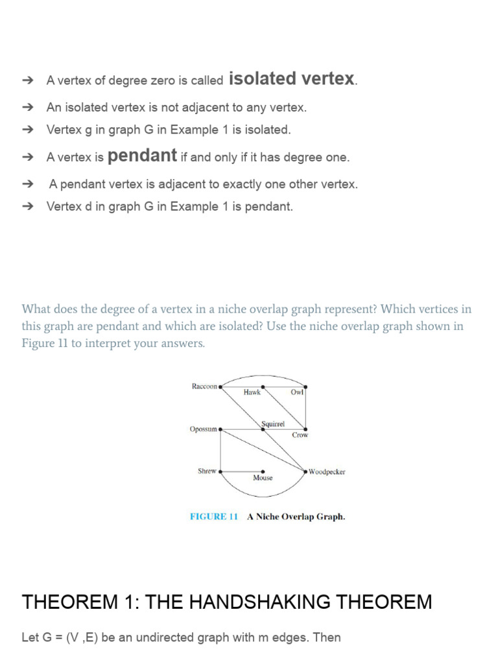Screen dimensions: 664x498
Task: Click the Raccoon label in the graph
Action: [x=204, y=386]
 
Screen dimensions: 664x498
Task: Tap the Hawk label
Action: [x=252, y=392]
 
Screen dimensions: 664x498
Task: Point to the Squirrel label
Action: [x=272, y=423]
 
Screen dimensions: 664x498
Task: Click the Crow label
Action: [x=300, y=435]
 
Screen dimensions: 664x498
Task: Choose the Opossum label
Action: [x=204, y=429]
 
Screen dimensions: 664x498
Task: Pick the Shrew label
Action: [x=207, y=471]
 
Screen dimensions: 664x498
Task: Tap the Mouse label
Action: [x=263, y=478]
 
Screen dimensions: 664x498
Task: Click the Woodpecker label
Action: [x=327, y=472]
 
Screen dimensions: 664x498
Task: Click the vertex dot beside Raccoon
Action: [x=220, y=386]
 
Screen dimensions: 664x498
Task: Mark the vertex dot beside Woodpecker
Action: [x=305, y=471]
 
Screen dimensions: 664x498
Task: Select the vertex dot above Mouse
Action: [x=263, y=471]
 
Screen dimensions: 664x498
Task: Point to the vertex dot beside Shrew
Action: [x=220, y=471]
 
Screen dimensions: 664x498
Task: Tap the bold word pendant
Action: [x=142, y=156]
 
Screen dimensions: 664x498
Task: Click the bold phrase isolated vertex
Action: [x=292, y=79]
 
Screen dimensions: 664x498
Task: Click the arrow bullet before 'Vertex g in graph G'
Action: [x=27, y=130]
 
